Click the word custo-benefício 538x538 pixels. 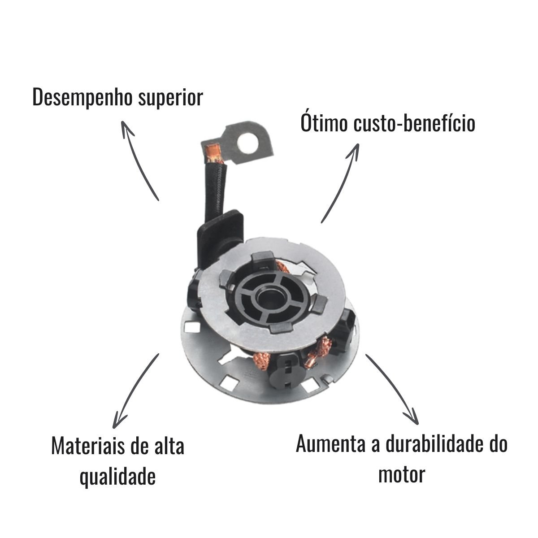414,123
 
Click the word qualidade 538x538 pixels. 117,477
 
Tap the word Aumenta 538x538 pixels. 330,444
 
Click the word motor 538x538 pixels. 401,475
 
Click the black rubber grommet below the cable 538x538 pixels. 219,241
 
